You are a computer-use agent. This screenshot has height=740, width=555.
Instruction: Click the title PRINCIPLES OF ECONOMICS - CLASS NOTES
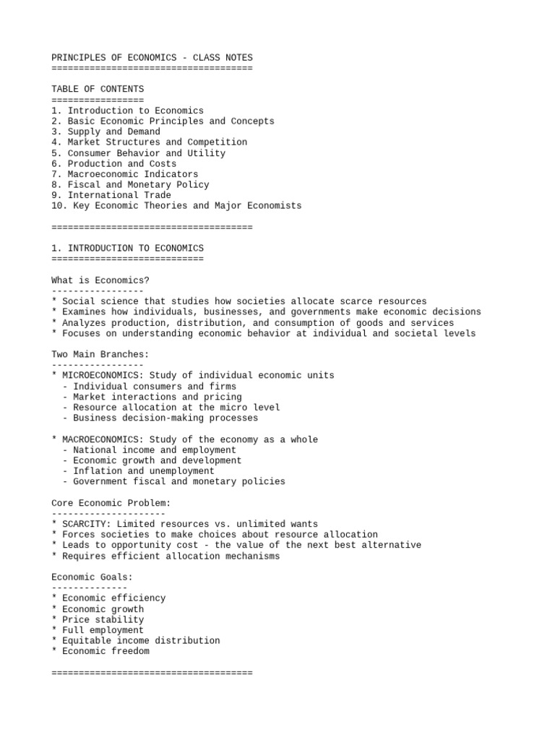point(152,58)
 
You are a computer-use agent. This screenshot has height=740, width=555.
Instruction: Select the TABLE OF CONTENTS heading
point(98,90)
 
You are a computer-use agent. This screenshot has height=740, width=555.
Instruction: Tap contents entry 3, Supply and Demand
point(106,132)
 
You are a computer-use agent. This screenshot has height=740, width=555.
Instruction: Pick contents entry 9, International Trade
point(111,195)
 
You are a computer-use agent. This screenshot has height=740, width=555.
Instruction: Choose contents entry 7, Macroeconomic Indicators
point(124,174)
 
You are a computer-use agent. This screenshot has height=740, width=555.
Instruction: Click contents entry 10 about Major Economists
point(176,206)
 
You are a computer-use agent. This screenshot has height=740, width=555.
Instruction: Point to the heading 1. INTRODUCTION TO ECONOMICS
point(127,249)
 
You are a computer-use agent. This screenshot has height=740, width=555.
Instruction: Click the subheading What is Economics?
point(100,280)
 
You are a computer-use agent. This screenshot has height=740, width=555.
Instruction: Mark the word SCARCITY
point(87,524)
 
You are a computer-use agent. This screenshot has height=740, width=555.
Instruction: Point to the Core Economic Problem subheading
point(111,503)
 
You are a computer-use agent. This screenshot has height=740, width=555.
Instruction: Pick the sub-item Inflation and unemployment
point(139,471)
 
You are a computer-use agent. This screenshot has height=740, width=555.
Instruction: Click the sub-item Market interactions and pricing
point(152,397)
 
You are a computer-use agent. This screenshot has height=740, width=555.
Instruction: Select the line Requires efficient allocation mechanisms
point(165,556)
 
